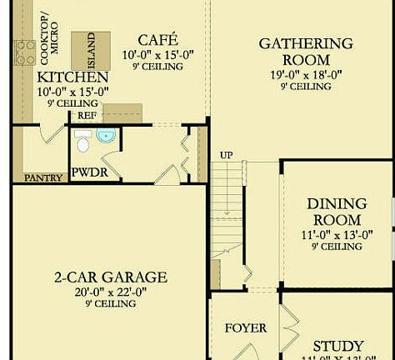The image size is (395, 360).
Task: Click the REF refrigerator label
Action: point(87,115)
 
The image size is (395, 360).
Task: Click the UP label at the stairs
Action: point(226,155)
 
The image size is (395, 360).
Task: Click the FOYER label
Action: point(246,327)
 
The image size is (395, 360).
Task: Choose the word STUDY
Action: point(337,346)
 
